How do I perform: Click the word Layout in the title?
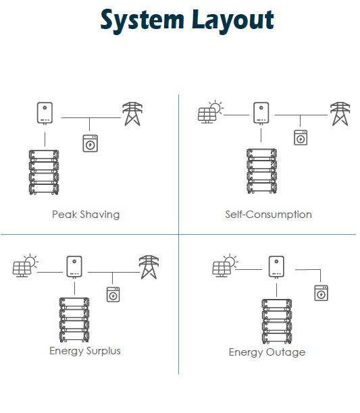233,20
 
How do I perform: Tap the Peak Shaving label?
86,215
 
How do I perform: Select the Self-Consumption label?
268,215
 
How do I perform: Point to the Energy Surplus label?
85,351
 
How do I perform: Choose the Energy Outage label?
267,352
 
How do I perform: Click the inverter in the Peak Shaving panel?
45,113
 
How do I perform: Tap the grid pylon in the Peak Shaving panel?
132,114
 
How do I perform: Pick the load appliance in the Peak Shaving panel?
90,143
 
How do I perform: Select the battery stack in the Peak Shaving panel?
44,172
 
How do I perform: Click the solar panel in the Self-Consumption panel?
211,111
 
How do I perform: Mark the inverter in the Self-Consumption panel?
261,113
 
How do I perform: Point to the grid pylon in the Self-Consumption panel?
340,114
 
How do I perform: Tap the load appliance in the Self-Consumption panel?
301,138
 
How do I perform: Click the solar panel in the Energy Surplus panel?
26,265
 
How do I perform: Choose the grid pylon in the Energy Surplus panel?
149,267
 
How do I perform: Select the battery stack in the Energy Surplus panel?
74,320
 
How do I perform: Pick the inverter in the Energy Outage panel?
276,267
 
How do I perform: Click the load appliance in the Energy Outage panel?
322,293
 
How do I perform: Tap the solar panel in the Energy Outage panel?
226,265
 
